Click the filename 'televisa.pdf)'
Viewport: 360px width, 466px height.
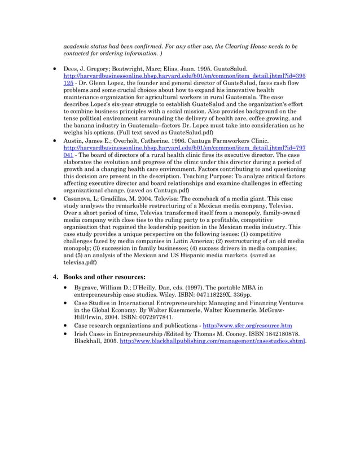coord(79,263)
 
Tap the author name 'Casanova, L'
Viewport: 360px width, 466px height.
coord(81,199)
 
